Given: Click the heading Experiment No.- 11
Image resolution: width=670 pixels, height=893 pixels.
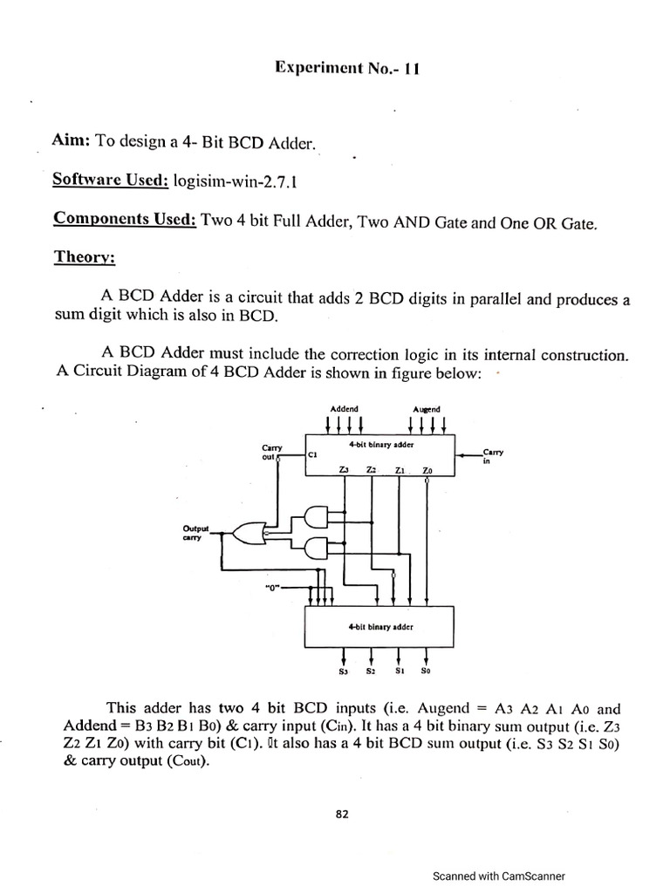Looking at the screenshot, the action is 347,68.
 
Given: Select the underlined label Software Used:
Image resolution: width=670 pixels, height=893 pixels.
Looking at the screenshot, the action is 111,180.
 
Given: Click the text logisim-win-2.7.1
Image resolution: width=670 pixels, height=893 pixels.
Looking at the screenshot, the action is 236,181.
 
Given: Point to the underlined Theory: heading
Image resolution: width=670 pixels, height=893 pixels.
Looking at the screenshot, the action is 85,257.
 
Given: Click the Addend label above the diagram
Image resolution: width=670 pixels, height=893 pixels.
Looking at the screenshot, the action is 344,409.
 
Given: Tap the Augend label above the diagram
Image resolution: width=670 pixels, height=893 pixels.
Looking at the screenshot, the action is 427,410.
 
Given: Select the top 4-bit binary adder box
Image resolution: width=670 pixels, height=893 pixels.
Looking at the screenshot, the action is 380,455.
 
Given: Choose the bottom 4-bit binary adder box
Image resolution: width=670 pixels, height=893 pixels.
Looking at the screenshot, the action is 379,627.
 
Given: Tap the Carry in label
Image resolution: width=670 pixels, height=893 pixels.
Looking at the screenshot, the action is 492,456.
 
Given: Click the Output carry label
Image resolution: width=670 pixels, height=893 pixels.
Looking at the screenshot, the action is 195,533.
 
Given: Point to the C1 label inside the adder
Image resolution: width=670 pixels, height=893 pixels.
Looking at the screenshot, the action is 312,454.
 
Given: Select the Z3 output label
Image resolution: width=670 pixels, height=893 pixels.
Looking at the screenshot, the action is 344,470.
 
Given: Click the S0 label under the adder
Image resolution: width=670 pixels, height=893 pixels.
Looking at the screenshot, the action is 426,671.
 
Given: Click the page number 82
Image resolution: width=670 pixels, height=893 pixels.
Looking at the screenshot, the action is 342,815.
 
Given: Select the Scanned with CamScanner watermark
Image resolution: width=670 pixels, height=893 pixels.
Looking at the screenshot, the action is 499,876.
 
